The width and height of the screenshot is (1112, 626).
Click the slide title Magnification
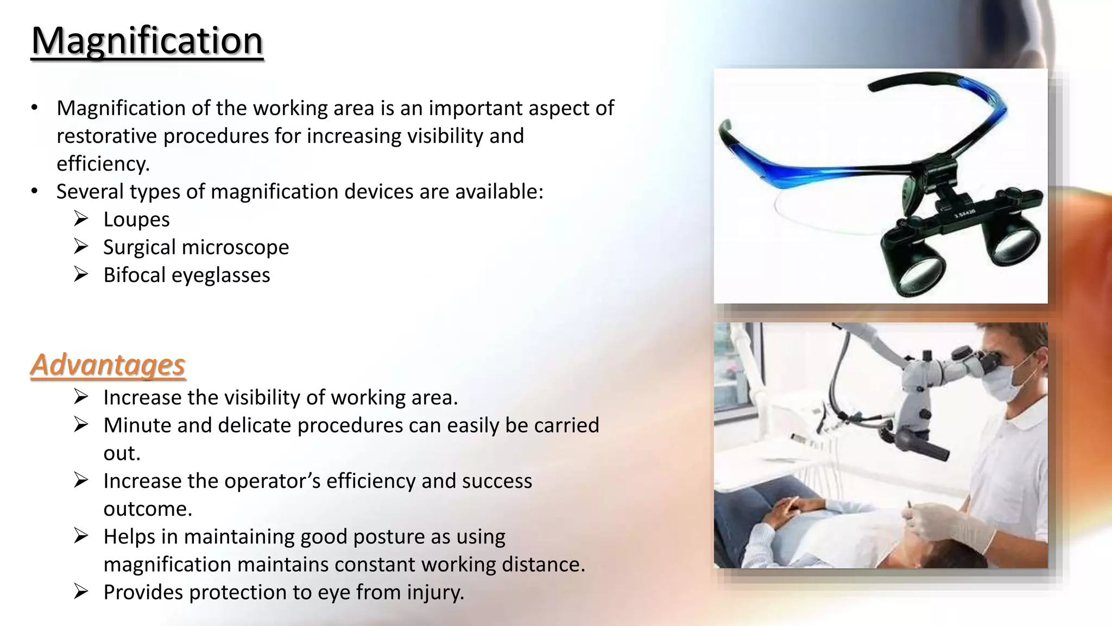click(x=147, y=41)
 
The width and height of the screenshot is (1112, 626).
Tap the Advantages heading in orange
click(x=108, y=365)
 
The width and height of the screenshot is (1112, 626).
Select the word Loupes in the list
click(x=136, y=220)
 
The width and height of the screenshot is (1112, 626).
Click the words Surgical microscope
click(x=196, y=247)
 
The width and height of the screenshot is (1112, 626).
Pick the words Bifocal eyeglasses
click(x=186, y=275)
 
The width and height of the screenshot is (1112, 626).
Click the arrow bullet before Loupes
click(x=81, y=219)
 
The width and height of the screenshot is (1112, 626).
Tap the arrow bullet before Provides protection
click(x=81, y=591)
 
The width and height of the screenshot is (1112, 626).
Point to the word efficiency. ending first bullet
click(x=103, y=164)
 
